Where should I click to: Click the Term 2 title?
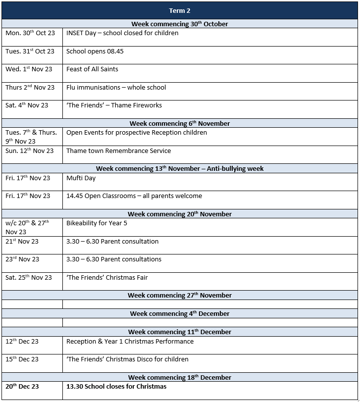180,10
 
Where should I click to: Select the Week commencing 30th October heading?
180,24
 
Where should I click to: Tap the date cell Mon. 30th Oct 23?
30,33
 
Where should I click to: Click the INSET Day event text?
122,33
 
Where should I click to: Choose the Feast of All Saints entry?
92,69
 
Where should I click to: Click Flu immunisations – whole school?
116,88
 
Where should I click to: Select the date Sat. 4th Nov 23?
27,105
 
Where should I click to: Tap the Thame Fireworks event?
114,105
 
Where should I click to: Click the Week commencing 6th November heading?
180,123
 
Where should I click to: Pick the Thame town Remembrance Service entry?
118,151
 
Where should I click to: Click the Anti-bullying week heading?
180,169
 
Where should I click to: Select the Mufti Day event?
81,178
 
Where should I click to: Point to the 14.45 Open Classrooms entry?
134,196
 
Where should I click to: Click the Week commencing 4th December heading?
180,313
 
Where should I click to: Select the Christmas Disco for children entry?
127,359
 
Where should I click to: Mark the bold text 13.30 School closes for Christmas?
116,387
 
